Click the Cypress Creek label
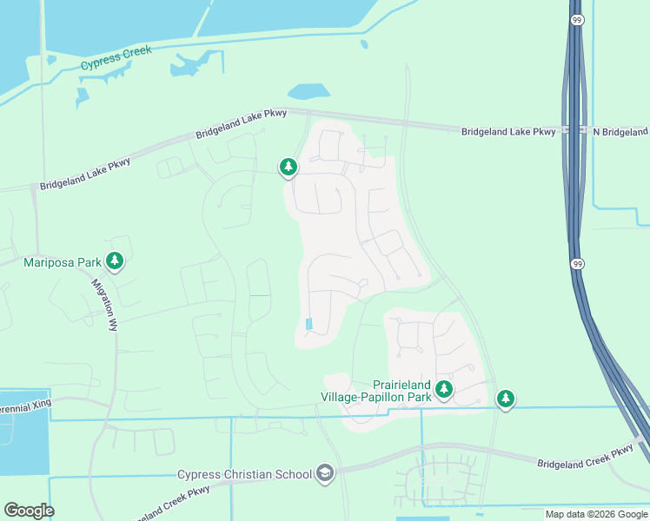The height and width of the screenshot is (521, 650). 116,58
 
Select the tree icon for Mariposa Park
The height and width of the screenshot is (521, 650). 115,260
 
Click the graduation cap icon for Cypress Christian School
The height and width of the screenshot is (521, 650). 324,473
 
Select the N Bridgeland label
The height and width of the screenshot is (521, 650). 620,132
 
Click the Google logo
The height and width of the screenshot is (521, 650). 29,511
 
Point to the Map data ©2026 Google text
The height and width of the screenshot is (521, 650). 596,514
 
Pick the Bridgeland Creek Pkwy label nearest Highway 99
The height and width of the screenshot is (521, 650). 585,457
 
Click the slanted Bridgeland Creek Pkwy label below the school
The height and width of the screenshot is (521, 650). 170,503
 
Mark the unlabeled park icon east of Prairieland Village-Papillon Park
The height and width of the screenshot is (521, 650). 506,399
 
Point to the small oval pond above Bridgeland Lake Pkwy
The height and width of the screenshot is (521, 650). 308,91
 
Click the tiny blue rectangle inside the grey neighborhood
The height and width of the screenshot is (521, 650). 309,324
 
